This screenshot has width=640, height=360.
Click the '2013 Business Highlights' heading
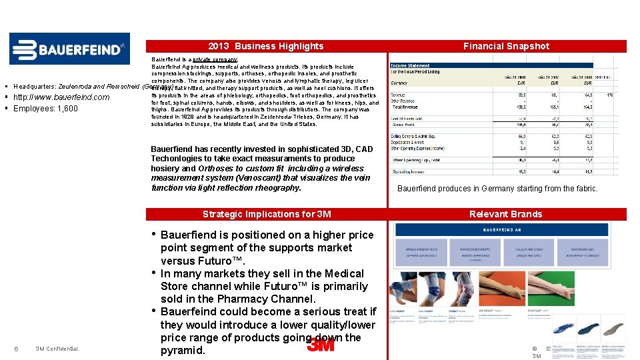point(265,46)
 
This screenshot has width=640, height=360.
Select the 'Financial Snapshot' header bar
point(506,46)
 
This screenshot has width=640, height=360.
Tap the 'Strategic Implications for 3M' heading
point(265,214)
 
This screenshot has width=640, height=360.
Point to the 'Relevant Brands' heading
point(506,214)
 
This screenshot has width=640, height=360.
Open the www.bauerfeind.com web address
point(64,97)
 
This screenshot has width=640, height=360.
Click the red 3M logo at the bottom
point(321,344)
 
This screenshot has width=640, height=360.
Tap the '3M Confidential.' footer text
point(57,349)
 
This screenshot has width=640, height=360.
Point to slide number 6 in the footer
point(16,349)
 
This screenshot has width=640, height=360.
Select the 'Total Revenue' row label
point(407,106)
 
